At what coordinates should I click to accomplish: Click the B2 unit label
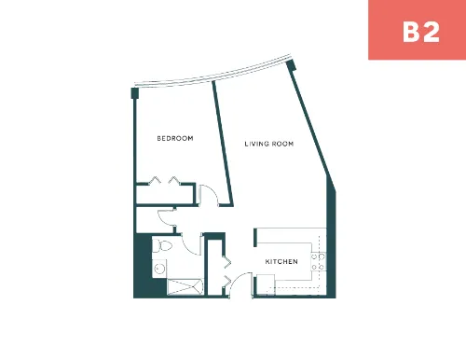(421, 32)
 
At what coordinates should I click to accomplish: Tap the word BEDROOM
(175, 138)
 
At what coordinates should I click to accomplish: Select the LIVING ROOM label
(269, 144)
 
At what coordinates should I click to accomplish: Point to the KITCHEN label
(281, 262)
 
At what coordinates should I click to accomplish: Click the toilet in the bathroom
(162, 246)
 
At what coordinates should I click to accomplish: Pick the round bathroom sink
(159, 268)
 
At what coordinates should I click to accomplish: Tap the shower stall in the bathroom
(185, 286)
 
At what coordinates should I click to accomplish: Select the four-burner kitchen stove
(318, 262)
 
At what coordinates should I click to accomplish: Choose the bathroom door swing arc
(188, 248)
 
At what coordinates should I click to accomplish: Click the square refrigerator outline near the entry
(266, 284)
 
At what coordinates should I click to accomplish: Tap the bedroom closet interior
(165, 195)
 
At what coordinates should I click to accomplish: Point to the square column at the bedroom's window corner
(135, 93)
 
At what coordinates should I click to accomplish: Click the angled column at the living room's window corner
(291, 65)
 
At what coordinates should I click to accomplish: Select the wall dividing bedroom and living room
(223, 144)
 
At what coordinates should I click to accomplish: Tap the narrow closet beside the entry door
(214, 268)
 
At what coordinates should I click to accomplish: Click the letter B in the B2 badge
(412, 32)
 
